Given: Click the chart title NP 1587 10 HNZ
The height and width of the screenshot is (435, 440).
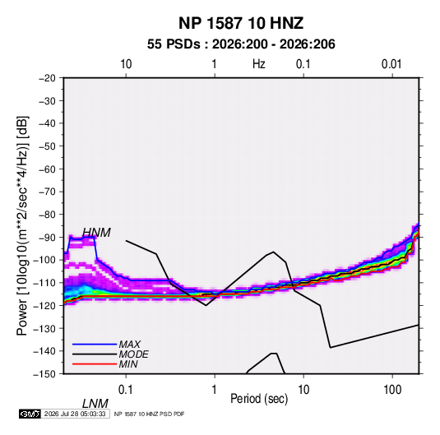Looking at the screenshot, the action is [x=241, y=23].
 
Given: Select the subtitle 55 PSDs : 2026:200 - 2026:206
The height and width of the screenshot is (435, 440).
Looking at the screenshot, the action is [x=241, y=44].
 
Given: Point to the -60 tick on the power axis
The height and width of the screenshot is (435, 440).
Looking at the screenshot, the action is [x=47, y=169].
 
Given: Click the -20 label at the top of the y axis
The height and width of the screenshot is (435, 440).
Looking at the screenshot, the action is [x=47, y=78].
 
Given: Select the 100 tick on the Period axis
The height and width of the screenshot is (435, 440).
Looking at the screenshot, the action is [x=392, y=390].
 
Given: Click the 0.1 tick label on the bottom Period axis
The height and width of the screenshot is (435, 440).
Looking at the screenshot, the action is [x=126, y=390].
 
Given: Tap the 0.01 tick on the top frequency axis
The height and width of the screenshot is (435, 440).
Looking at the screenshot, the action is [x=391, y=64].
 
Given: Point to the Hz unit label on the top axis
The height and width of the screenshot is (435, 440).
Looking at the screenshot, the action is [x=258, y=64].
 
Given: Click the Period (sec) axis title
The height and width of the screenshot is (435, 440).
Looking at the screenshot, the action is [x=259, y=399].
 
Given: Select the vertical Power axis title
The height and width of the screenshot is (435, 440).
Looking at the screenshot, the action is [x=22, y=226].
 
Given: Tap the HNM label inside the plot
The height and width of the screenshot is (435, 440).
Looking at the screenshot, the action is [x=96, y=233].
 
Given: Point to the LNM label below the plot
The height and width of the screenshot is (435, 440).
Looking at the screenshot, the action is [x=95, y=404].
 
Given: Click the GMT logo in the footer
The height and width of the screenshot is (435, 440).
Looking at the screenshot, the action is [x=30, y=414].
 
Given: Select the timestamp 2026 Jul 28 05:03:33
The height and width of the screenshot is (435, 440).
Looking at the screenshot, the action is [x=75, y=414].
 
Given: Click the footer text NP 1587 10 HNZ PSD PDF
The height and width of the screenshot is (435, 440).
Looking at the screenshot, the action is [x=150, y=414].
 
